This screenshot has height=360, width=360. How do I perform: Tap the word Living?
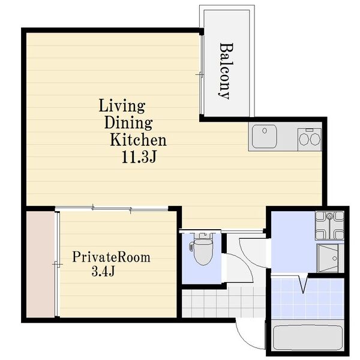coord(122,106)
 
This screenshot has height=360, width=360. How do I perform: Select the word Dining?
coord(128,122)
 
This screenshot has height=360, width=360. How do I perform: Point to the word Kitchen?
coord(138,140)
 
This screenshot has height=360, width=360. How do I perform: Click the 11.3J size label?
coord(139,157)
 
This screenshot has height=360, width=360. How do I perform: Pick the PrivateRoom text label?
coord(112,257)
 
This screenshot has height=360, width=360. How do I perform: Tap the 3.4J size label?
coord(103,271)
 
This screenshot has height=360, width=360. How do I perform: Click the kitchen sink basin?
coord(264,136)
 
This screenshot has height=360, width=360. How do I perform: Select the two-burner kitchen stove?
coord(310,140)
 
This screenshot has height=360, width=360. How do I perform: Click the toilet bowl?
coord(203,252)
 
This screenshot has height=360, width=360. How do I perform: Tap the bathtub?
coord(308,337)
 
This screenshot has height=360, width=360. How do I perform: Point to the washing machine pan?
coord(329,226)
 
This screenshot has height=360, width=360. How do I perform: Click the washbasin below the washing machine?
coord(329,258)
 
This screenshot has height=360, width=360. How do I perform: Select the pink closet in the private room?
coord(41,264)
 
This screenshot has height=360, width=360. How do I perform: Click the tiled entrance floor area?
coord(224,303)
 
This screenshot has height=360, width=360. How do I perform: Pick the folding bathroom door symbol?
coord(303,284)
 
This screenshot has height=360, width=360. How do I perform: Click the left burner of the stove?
coord(304,139)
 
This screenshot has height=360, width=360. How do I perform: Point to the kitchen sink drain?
coord(265,131)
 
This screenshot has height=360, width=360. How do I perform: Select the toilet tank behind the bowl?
coord(203,235)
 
